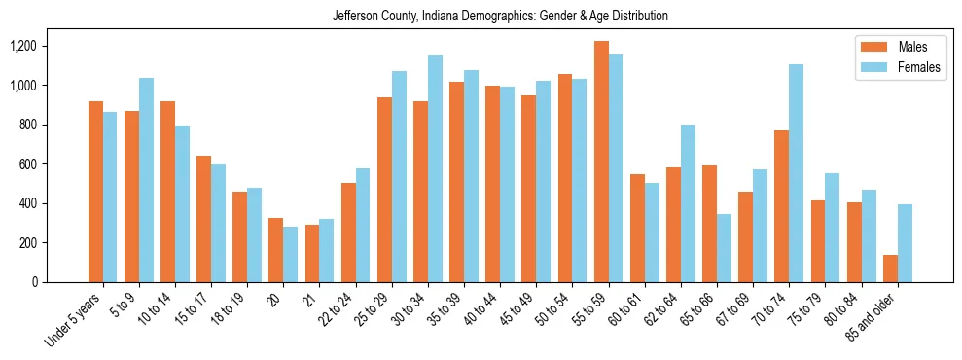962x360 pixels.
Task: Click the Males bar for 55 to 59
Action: [x=601, y=162]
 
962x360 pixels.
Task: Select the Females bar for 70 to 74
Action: [x=796, y=173]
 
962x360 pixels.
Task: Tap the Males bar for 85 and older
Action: [x=890, y=269]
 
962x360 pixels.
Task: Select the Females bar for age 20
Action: [x=290, y=254]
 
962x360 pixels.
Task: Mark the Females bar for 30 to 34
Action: [x=435, y=168]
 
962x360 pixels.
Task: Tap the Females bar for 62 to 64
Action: [x=688, y=203]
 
